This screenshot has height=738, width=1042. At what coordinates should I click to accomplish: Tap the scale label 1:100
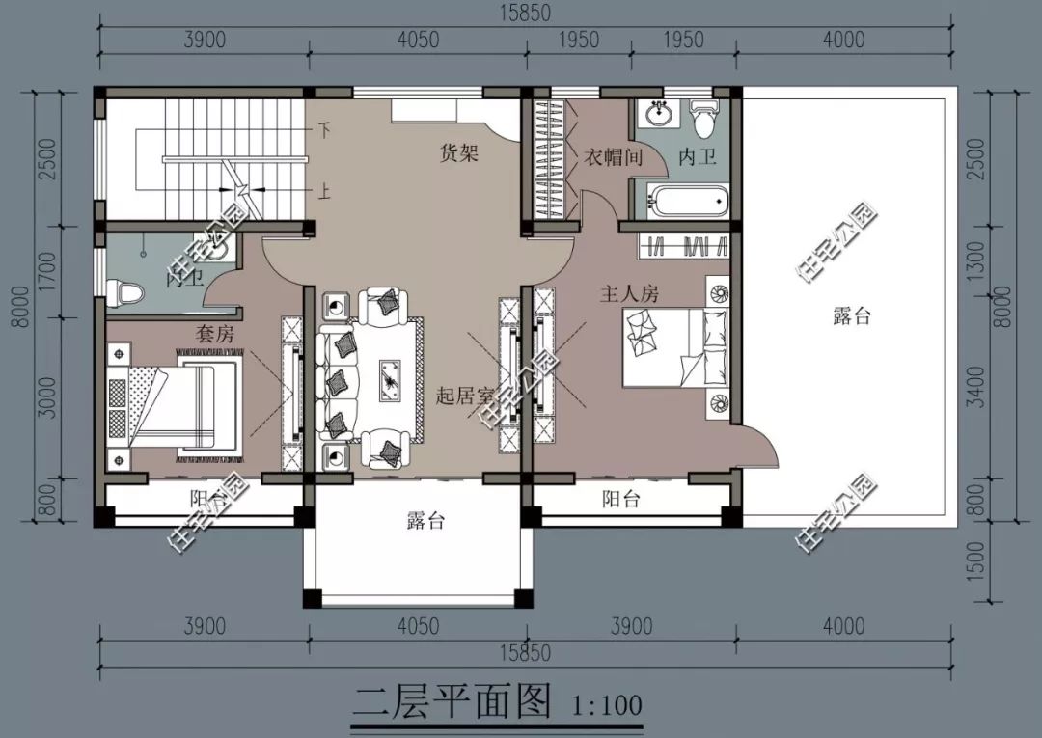[x=606, y=702]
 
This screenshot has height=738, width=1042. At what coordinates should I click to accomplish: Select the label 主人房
[x=630, y=294]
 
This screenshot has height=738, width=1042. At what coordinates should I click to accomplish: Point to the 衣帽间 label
[x=613, y=156]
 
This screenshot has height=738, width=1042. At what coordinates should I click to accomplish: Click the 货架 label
[x=459, y=152]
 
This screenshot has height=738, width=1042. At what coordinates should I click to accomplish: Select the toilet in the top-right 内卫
[x=704, y=120]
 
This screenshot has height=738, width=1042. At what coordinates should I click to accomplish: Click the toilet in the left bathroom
[x=126, y=290]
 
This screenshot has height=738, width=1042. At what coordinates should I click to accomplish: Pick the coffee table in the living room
[x=392, y=376]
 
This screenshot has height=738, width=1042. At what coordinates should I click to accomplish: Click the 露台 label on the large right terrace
[x=851, y=316]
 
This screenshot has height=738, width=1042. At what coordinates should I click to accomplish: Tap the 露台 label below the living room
[x=424, y=522]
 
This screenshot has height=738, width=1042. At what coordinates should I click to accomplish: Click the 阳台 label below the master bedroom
[x=621, y=500]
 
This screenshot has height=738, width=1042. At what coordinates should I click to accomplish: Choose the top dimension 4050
[x=418, y=40]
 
